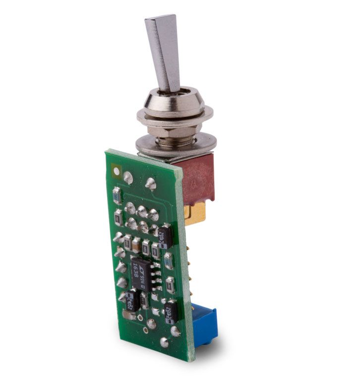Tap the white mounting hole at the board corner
(x=117, y=172)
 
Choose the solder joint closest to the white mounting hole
(x=128, y=177)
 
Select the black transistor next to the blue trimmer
(x=171, y=312)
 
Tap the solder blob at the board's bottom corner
(x=165, y=342)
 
